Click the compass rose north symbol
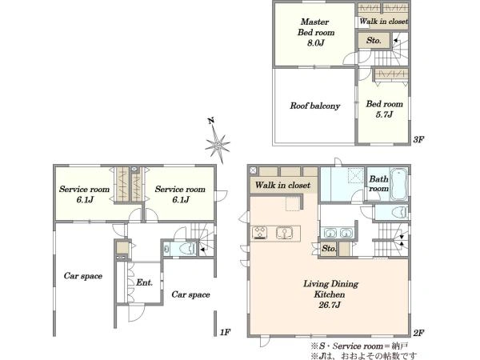(x=217, y=142)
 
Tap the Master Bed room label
(x=316, y=32)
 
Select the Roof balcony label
(x=315, y=106)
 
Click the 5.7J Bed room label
(x=385, y=109)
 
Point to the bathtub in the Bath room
(x=399, y=184)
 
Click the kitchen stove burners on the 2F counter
(x=259, y=233)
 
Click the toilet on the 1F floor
(x=187, y=248)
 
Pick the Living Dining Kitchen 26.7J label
(x=330, y=294)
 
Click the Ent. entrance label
(x=144, y=282)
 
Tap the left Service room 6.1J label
(x=84, y=194)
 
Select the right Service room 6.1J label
(x=180, y=194)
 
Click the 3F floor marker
(x=418, y=139)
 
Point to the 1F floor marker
(x=225, y=332)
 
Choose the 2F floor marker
(x=418, y=333)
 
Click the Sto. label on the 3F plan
(x=374, y=41)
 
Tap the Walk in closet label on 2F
(x=283, y=186)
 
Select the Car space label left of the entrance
(x=83, y=276)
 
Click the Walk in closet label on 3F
(x=384, y=22)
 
